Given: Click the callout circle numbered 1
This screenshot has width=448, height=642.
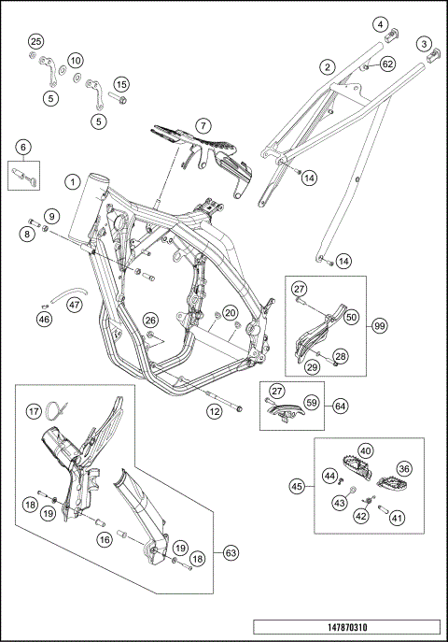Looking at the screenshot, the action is tap(73, 181).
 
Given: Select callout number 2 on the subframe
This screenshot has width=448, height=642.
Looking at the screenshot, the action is tap(327, 66).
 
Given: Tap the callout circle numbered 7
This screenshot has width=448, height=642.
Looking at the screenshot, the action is tap(203, 125).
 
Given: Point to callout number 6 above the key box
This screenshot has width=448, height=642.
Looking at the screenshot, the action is tap(23, 147).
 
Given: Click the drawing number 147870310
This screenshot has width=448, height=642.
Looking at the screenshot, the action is tap(347, 627).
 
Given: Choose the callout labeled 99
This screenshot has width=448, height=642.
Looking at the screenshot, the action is tap(380, 326).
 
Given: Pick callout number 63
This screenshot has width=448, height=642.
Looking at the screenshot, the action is tap(231, 552).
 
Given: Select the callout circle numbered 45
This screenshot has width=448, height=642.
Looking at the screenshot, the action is tap(297, 487).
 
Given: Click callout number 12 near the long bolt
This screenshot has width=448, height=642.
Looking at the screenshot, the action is tap(214, 411).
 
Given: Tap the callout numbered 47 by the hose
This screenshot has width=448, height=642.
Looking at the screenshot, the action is tap(74, 305).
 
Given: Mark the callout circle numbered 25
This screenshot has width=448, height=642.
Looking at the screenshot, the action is tap(36, 41).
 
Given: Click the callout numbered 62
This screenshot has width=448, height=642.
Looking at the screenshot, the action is tap(387, 64).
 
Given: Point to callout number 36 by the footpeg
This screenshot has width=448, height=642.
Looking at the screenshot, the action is tap(404, 468).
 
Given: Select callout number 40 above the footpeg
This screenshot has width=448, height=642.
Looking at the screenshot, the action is tap(366, 450).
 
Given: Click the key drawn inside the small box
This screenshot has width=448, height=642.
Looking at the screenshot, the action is tap(24, 177).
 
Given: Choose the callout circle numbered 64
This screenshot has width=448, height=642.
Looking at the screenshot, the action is tap(340, 406).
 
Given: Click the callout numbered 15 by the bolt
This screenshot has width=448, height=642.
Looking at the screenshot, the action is tap(121, 84).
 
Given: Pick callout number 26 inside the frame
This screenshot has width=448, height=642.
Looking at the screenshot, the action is tap(150, 321).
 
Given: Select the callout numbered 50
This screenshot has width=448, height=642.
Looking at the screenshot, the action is tap(351, 317).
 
